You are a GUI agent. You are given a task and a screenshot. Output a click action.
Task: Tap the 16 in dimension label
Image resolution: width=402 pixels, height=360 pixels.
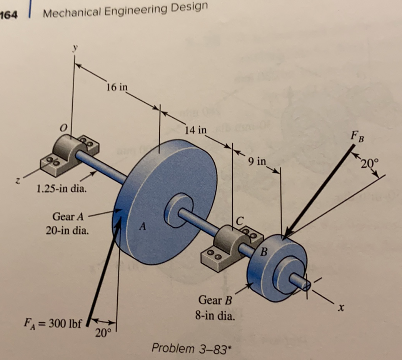[x=117, y=87]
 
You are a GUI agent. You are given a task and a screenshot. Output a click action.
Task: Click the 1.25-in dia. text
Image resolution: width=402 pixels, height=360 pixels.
[x=62, y=189]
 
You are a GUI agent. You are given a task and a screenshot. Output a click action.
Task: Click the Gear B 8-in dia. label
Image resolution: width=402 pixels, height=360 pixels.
[x=215, y=308]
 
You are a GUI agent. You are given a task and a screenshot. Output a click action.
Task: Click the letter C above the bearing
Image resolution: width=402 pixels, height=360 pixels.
[x=240, y=221]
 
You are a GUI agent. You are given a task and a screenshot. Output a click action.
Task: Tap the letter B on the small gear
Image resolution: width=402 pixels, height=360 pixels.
[x=264, y=253]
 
